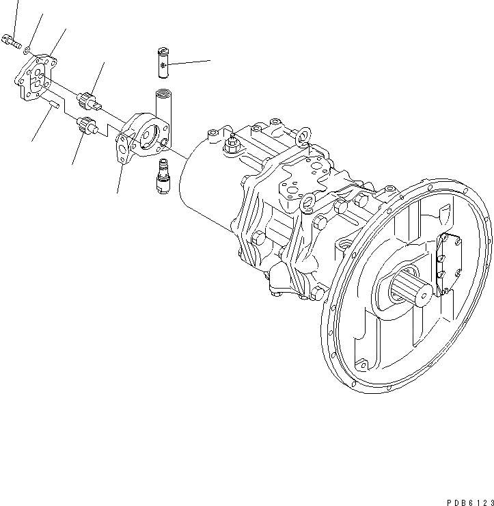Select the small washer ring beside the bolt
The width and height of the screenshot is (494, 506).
click(x=25, y=49)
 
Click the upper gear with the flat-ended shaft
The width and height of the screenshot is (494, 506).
click(x=88, y=101)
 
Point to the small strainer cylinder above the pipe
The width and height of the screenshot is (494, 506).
click(x=163, y=62)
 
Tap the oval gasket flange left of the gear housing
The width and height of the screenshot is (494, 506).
click(x=123, y=148)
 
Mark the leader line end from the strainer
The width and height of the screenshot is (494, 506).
click(x=210, y=61)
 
